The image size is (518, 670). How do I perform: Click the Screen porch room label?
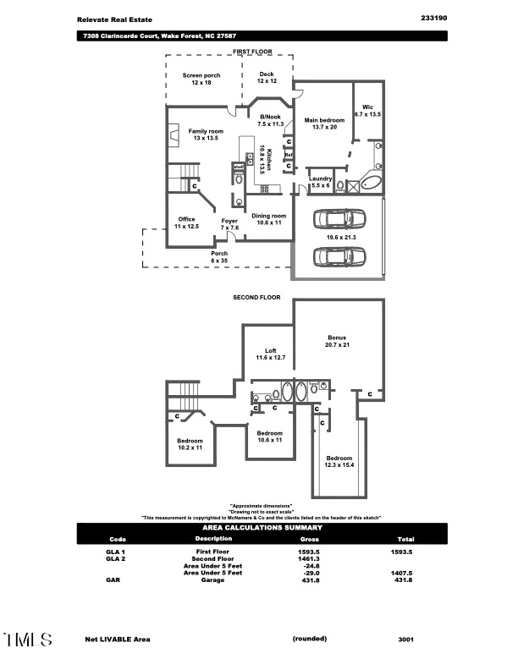point(201,79)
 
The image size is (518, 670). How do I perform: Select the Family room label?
point(206,135)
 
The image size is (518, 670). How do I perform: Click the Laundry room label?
point(320,181)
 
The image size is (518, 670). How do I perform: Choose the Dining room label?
point(269,219)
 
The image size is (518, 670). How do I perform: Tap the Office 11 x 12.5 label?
point(186,223)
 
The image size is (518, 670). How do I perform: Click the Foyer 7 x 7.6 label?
point(230,224)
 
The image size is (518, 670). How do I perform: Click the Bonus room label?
point(337,341)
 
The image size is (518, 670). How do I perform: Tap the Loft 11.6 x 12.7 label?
point(271,354)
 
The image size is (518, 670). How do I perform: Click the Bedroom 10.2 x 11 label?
point(190,444)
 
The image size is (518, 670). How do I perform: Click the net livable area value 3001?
point(405,640)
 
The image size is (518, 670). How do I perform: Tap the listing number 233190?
point(433,18)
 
